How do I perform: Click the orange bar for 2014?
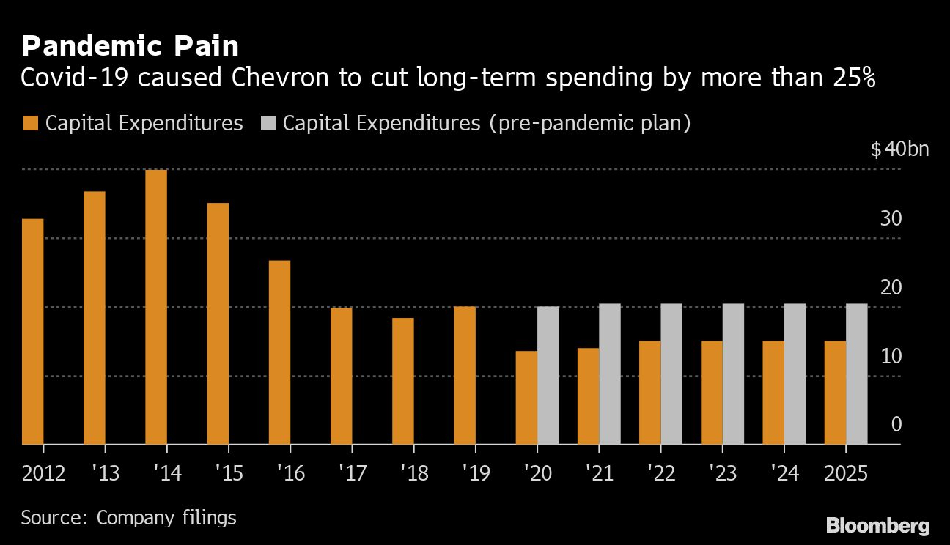point(156,307)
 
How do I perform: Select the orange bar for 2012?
point(33,331)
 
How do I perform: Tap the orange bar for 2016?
point(279,352)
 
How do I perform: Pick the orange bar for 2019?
point(465,375)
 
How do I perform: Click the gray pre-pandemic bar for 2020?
point(548,375)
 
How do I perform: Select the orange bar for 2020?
point(526,398)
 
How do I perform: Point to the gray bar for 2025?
point(856,374)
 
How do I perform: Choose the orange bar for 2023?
point(712,393)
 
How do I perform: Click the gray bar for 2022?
point(671,374)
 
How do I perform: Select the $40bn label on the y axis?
point(899,150)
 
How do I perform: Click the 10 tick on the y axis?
point(891,357)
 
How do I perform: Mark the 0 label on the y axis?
point(896,426)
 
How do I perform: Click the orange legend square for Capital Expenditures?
point(31,123)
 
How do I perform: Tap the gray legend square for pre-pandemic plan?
point(268,123)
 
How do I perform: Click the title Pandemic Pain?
point(130,46)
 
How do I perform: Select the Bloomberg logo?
point(877,525)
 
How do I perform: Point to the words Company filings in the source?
point(166,518)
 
